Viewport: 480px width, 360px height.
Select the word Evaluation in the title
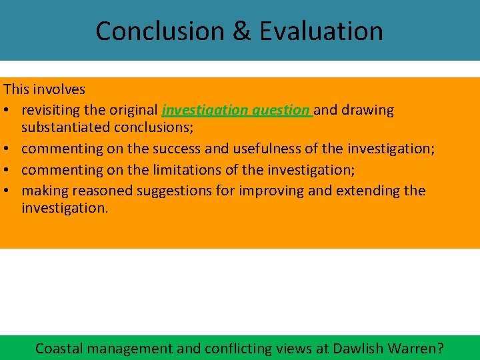321,31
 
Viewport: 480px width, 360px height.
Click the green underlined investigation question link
236,110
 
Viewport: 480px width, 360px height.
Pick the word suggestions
175,191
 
